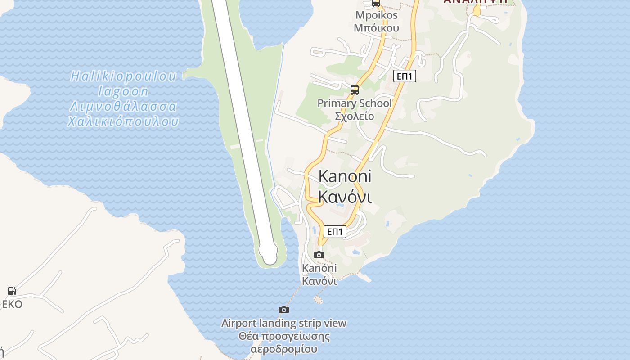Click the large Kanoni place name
[x=345, y=176]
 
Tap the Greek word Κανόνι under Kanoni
[x=345, y=197]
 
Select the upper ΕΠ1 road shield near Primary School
[x=405, y=76]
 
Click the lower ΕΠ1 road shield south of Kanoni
[x=335, y=232]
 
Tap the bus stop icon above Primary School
[x=355, y=90]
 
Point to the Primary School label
[x=355, y=103]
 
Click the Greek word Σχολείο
[x=355, y=116]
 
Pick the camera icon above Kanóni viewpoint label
[x=319, y=255]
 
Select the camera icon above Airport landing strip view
[x=283, y=310]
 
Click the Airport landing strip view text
[x=284, y=323]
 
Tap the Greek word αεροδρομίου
[x=284, y=349]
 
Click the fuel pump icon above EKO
[x=12, y=291]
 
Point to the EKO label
[x=12, y=304]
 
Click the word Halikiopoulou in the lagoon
[x=123, y=76]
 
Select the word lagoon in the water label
[x=123, y=92]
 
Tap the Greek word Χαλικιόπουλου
[x=123, y=121]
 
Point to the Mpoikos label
[x=377, y=15]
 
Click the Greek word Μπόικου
[x=377, y=28]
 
